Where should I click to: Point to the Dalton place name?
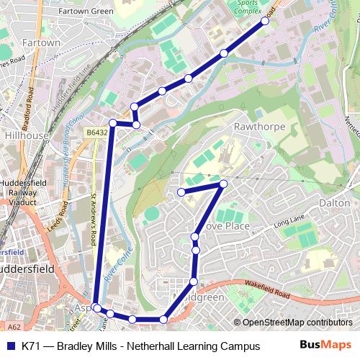tap(334, 204)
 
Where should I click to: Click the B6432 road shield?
tap(95, 132)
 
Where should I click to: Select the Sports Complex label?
tap(250, 8)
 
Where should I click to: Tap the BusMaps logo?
tap(325, 346)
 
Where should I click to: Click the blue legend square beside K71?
tap(10, 346)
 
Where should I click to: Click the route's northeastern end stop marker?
tap(265, 21)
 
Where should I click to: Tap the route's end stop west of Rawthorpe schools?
tap(181, 192)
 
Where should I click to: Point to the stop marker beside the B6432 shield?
tap(113, 123)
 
